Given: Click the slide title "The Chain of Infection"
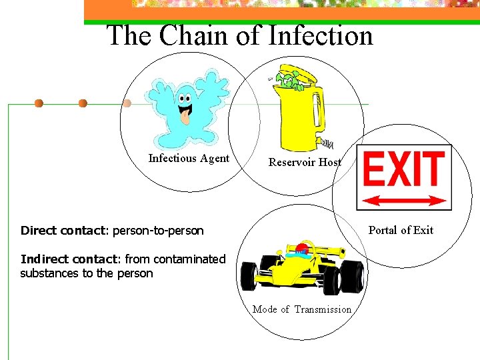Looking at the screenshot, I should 240,35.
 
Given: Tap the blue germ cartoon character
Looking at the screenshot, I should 186,107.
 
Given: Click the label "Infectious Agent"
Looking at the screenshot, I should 189,159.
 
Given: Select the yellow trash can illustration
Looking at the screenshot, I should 299,110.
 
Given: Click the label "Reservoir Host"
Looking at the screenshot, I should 305,162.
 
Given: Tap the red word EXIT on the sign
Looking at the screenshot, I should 403,169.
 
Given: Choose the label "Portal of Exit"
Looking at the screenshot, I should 401,231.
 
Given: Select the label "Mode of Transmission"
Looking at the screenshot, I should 302,309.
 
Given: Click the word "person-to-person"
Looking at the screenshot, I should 158,231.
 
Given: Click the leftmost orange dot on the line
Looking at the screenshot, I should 39,103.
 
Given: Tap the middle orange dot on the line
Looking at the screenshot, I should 83,103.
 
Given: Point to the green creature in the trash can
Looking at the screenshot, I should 288,81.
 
